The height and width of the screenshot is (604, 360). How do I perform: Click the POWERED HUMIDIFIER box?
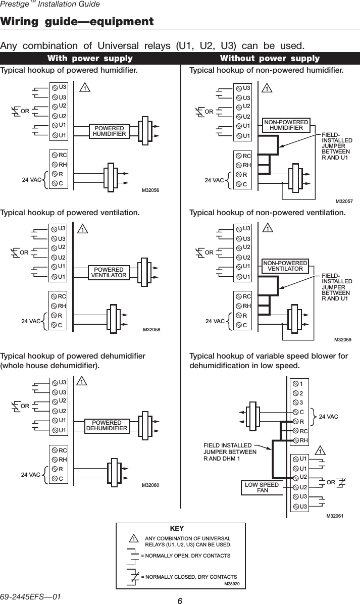[109, 131]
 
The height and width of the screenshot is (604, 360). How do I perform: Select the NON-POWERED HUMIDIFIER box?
[286, 125]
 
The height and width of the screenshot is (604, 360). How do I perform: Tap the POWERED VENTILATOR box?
[109, 272]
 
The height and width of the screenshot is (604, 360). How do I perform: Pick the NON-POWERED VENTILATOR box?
[285, 266]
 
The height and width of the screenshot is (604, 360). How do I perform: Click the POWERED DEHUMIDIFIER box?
[107, 425]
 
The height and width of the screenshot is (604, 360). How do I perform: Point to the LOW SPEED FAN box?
[262, 487]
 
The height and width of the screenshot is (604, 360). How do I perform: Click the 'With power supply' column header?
[90, 59]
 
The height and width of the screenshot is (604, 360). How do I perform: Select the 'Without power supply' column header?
[270, 59]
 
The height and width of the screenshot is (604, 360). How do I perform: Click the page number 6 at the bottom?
[180, 600]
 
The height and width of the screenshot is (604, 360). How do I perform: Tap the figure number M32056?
[150, 190]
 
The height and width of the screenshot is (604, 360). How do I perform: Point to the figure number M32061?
[335, 516]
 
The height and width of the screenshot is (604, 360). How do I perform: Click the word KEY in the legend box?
[177, 528]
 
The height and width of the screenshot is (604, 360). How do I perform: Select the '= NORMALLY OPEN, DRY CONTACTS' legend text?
[186, 556]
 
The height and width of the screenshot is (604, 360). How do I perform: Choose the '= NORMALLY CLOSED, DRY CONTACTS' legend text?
[189, 577]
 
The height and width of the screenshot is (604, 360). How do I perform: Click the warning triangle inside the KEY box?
[133, 538]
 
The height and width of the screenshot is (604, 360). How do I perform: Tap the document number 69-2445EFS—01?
[30, 597]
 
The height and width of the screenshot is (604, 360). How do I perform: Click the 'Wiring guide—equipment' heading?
[77, 21]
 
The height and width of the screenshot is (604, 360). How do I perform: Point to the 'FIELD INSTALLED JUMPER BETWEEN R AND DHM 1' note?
[230, 452]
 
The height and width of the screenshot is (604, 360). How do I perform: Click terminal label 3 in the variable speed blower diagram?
[301, 402]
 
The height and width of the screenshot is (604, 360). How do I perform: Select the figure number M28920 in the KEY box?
[232, 584]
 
